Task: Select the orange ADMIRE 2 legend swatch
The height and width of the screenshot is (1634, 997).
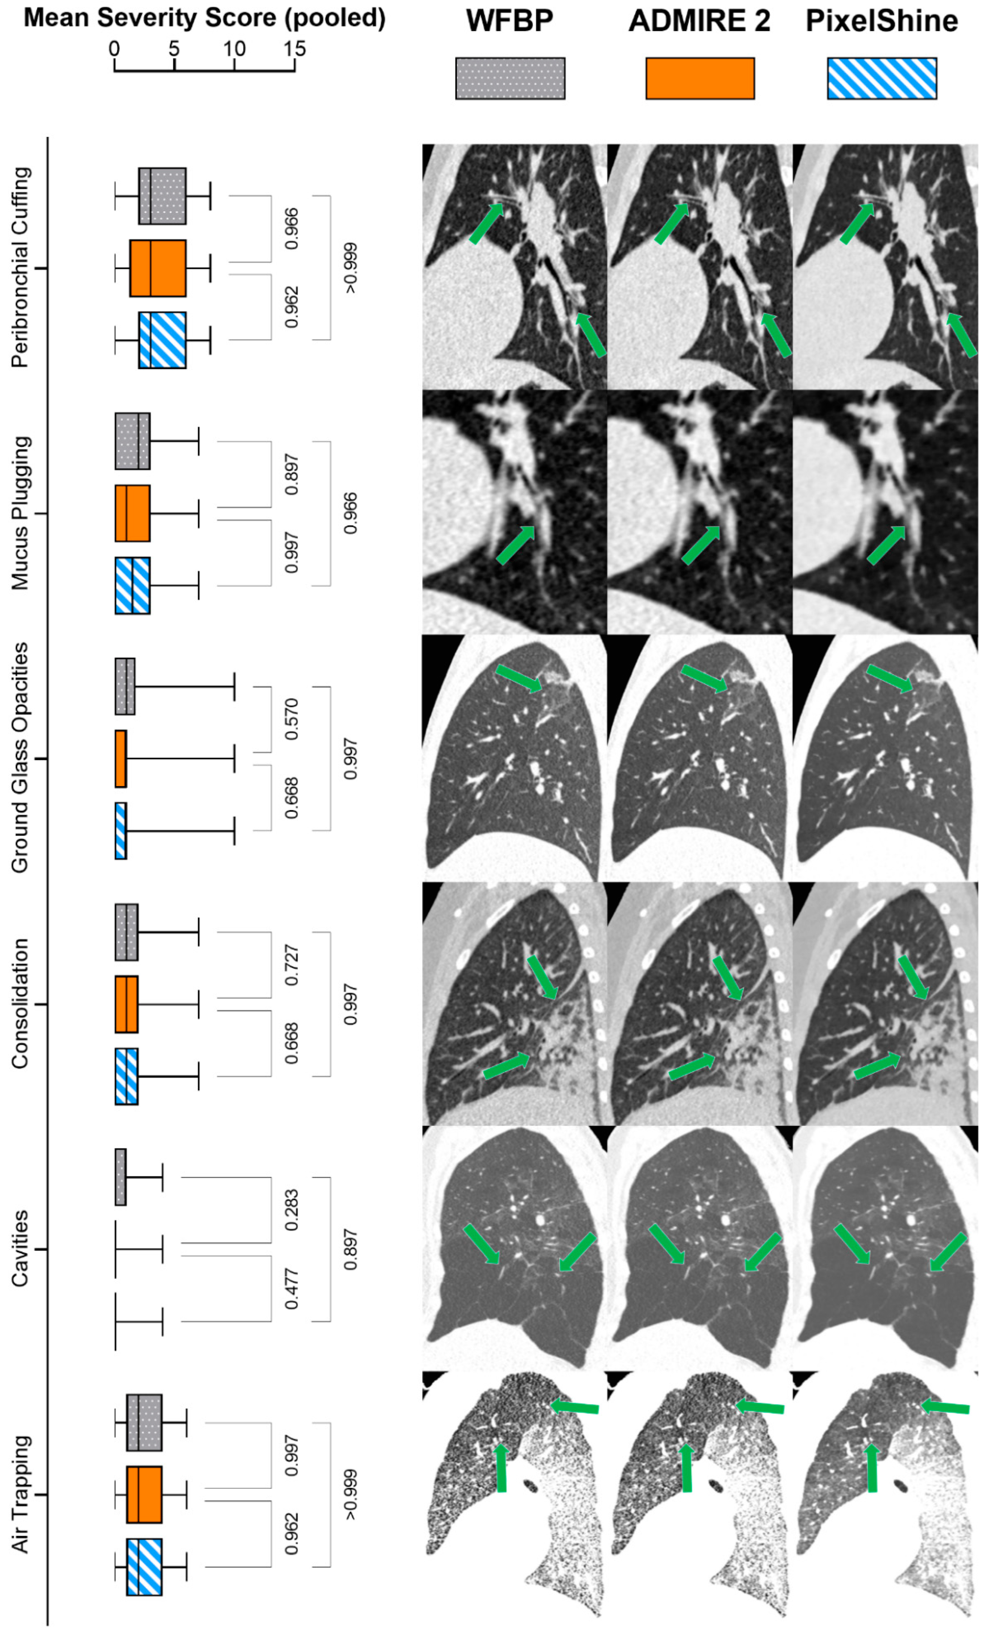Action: click(x=699, y=78)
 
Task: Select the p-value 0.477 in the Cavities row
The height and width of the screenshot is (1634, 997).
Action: click(x=291, y=1289)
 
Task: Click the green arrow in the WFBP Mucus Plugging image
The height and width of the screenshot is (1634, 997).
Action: click(x=515, y=545)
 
